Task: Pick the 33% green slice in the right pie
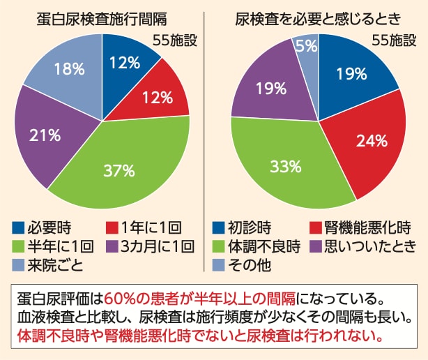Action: [286, 167]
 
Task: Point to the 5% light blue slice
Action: [307, 47]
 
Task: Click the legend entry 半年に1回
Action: [52, 246]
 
